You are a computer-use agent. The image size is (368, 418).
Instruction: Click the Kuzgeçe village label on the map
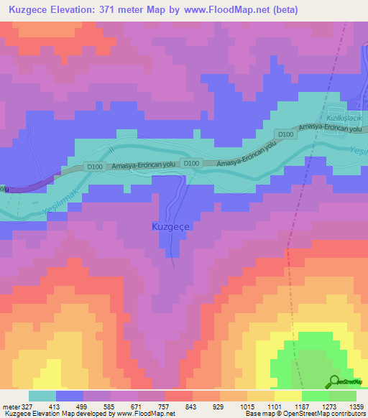(x=170, y=226)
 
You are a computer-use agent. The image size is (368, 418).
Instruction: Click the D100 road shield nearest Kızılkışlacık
(x=286, y=134)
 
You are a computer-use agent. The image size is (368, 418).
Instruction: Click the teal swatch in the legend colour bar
(x=42, y=396)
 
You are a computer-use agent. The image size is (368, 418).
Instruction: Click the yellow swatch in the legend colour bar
(x=288, y=396)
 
